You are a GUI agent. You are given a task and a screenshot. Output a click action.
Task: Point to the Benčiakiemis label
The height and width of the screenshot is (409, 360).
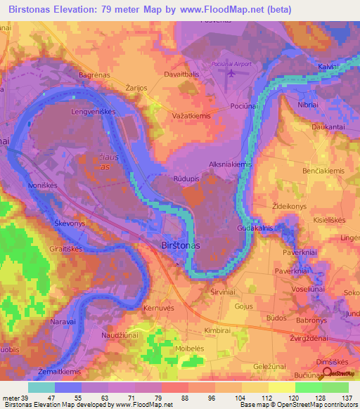tap(323, 171)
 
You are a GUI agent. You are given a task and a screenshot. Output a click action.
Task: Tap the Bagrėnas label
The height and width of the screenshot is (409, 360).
tap(93, 74)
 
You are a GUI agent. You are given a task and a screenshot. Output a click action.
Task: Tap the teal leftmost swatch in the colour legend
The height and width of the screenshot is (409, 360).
tap(41, 387)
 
